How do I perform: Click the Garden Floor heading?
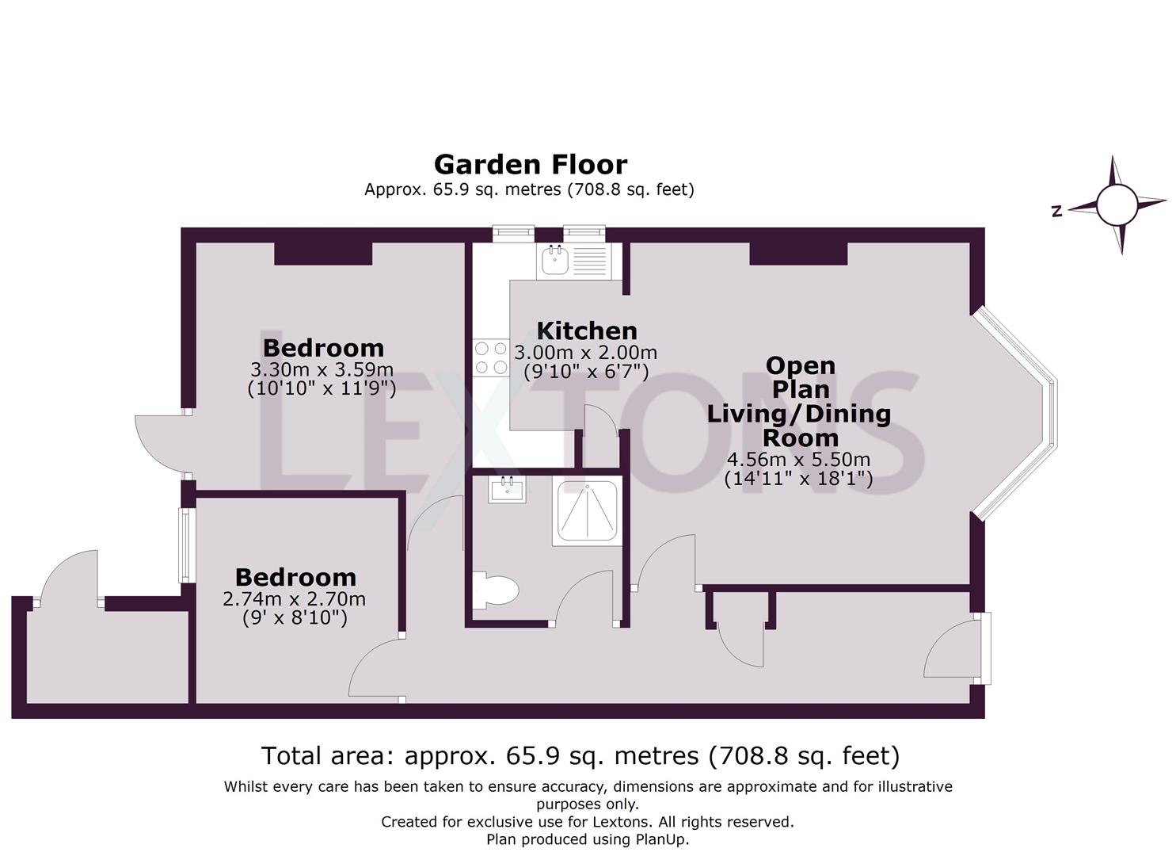(531, 164)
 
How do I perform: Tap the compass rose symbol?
(1117, 204)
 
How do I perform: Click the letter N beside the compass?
(1056, 211)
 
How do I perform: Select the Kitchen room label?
(586, 331)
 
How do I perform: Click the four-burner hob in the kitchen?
(490, 357)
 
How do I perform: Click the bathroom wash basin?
(507, 489)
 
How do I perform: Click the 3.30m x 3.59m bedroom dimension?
(322, 369)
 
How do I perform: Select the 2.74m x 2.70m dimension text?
(295, 598)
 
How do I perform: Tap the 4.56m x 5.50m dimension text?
(798, 460)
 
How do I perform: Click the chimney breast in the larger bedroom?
(323, 254)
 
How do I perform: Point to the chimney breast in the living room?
(798, 254)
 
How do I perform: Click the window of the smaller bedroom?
(186, 545)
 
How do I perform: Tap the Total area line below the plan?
(580, 755)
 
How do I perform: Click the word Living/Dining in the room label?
(798, 414)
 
